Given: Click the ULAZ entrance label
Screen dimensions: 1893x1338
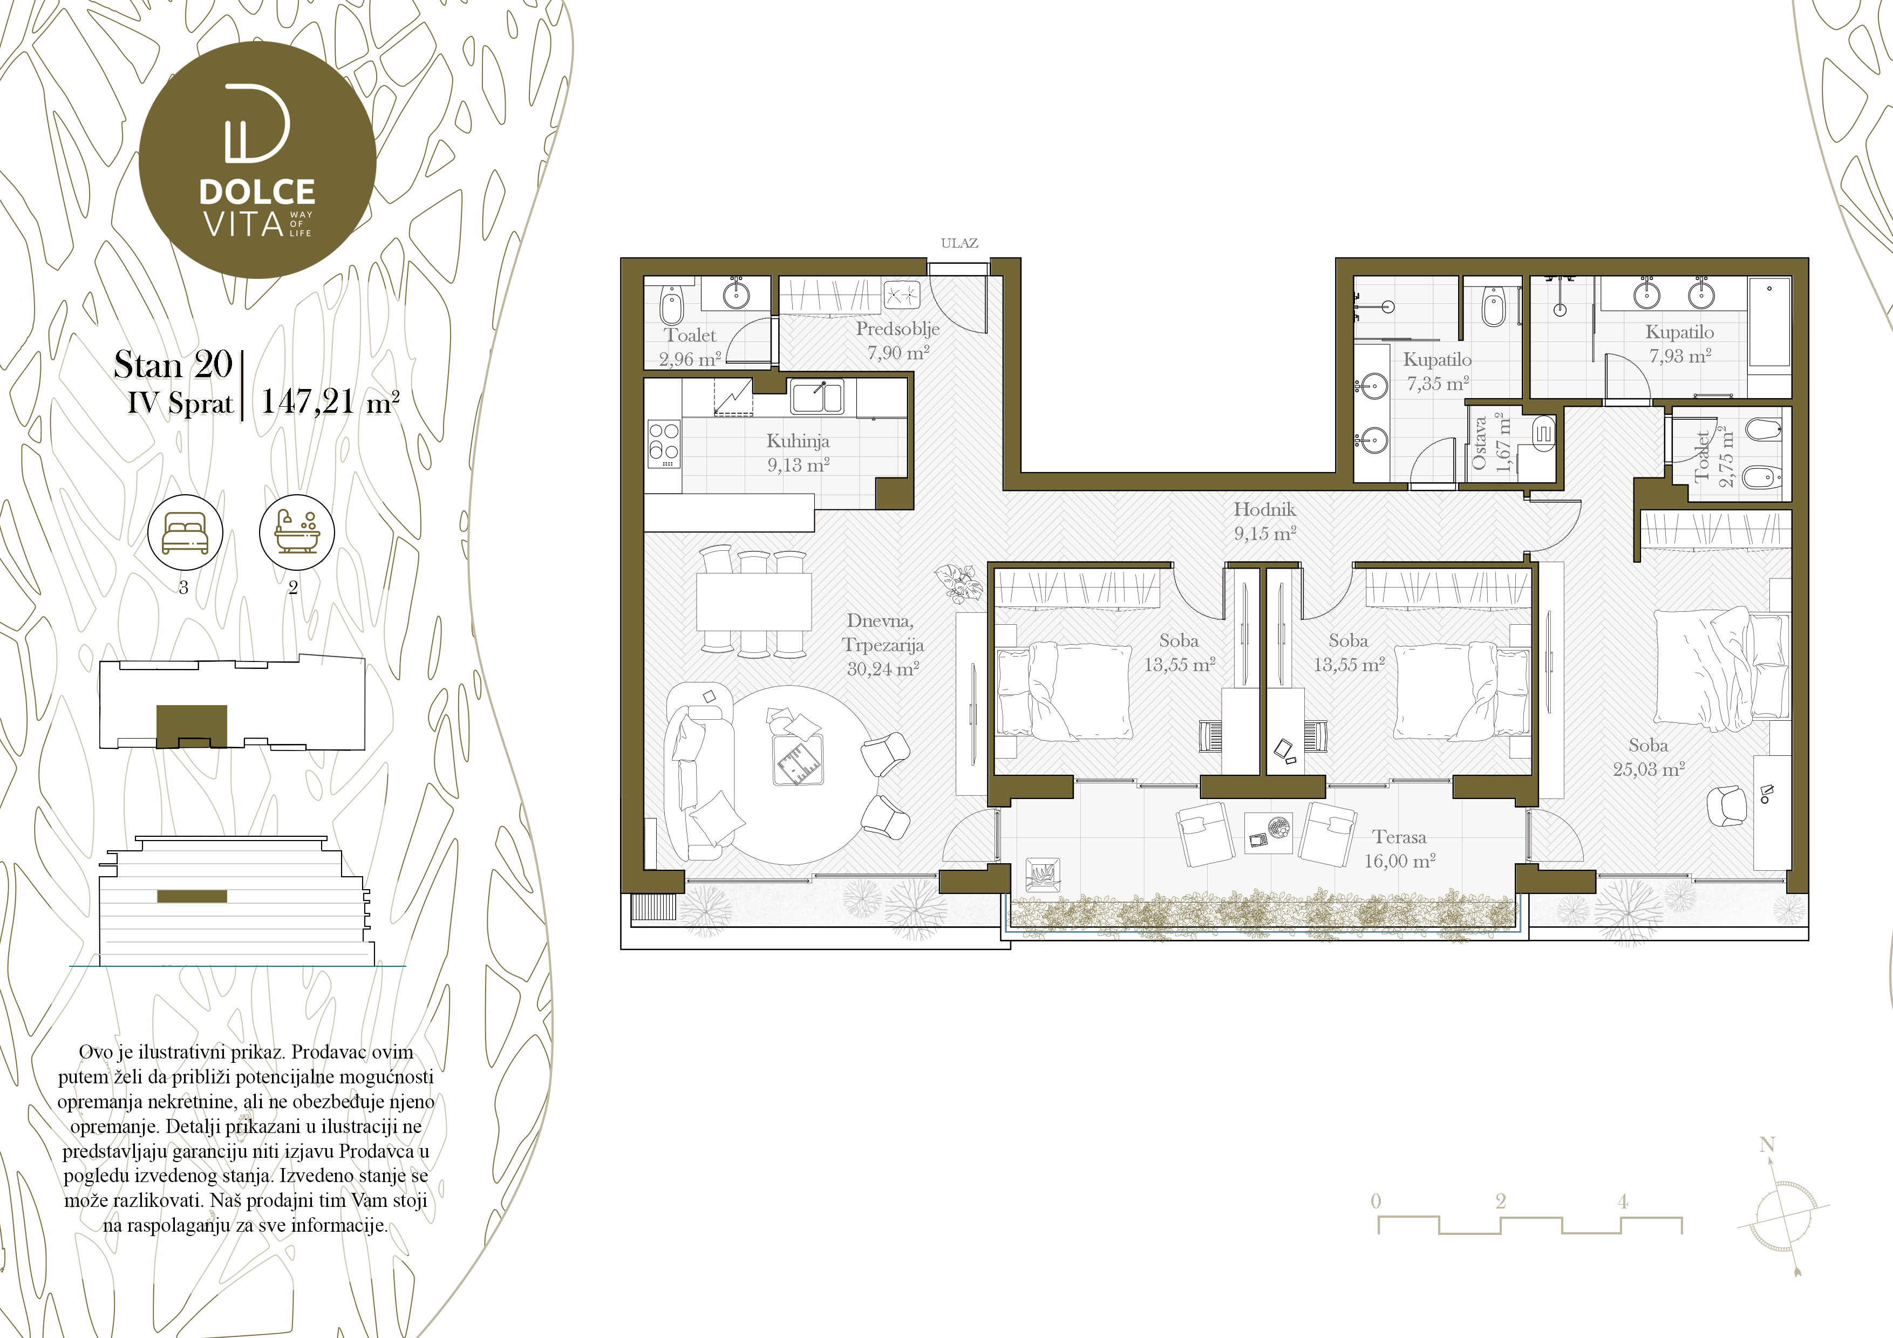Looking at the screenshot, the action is pos(959,243).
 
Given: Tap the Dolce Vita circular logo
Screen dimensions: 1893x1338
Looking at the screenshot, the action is pos(257,160).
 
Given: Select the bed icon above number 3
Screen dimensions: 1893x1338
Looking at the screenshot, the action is pos(185,532).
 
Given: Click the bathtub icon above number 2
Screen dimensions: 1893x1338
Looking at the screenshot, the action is pos(297,532).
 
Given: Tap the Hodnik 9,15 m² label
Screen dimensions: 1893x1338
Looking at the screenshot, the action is pos(1265,521).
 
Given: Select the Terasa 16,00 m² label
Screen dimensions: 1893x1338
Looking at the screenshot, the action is pos(1399,848).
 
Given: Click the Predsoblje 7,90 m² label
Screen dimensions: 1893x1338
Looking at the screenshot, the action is pos(898,340).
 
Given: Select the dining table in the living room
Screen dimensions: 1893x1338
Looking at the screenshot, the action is pos(753,602).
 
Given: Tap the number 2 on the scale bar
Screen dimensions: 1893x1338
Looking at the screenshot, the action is pos(1501,1201).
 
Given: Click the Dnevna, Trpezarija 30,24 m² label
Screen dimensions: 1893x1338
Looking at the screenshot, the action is pos(883,645).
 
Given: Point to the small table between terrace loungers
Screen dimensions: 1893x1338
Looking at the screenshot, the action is pos(1268,832).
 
